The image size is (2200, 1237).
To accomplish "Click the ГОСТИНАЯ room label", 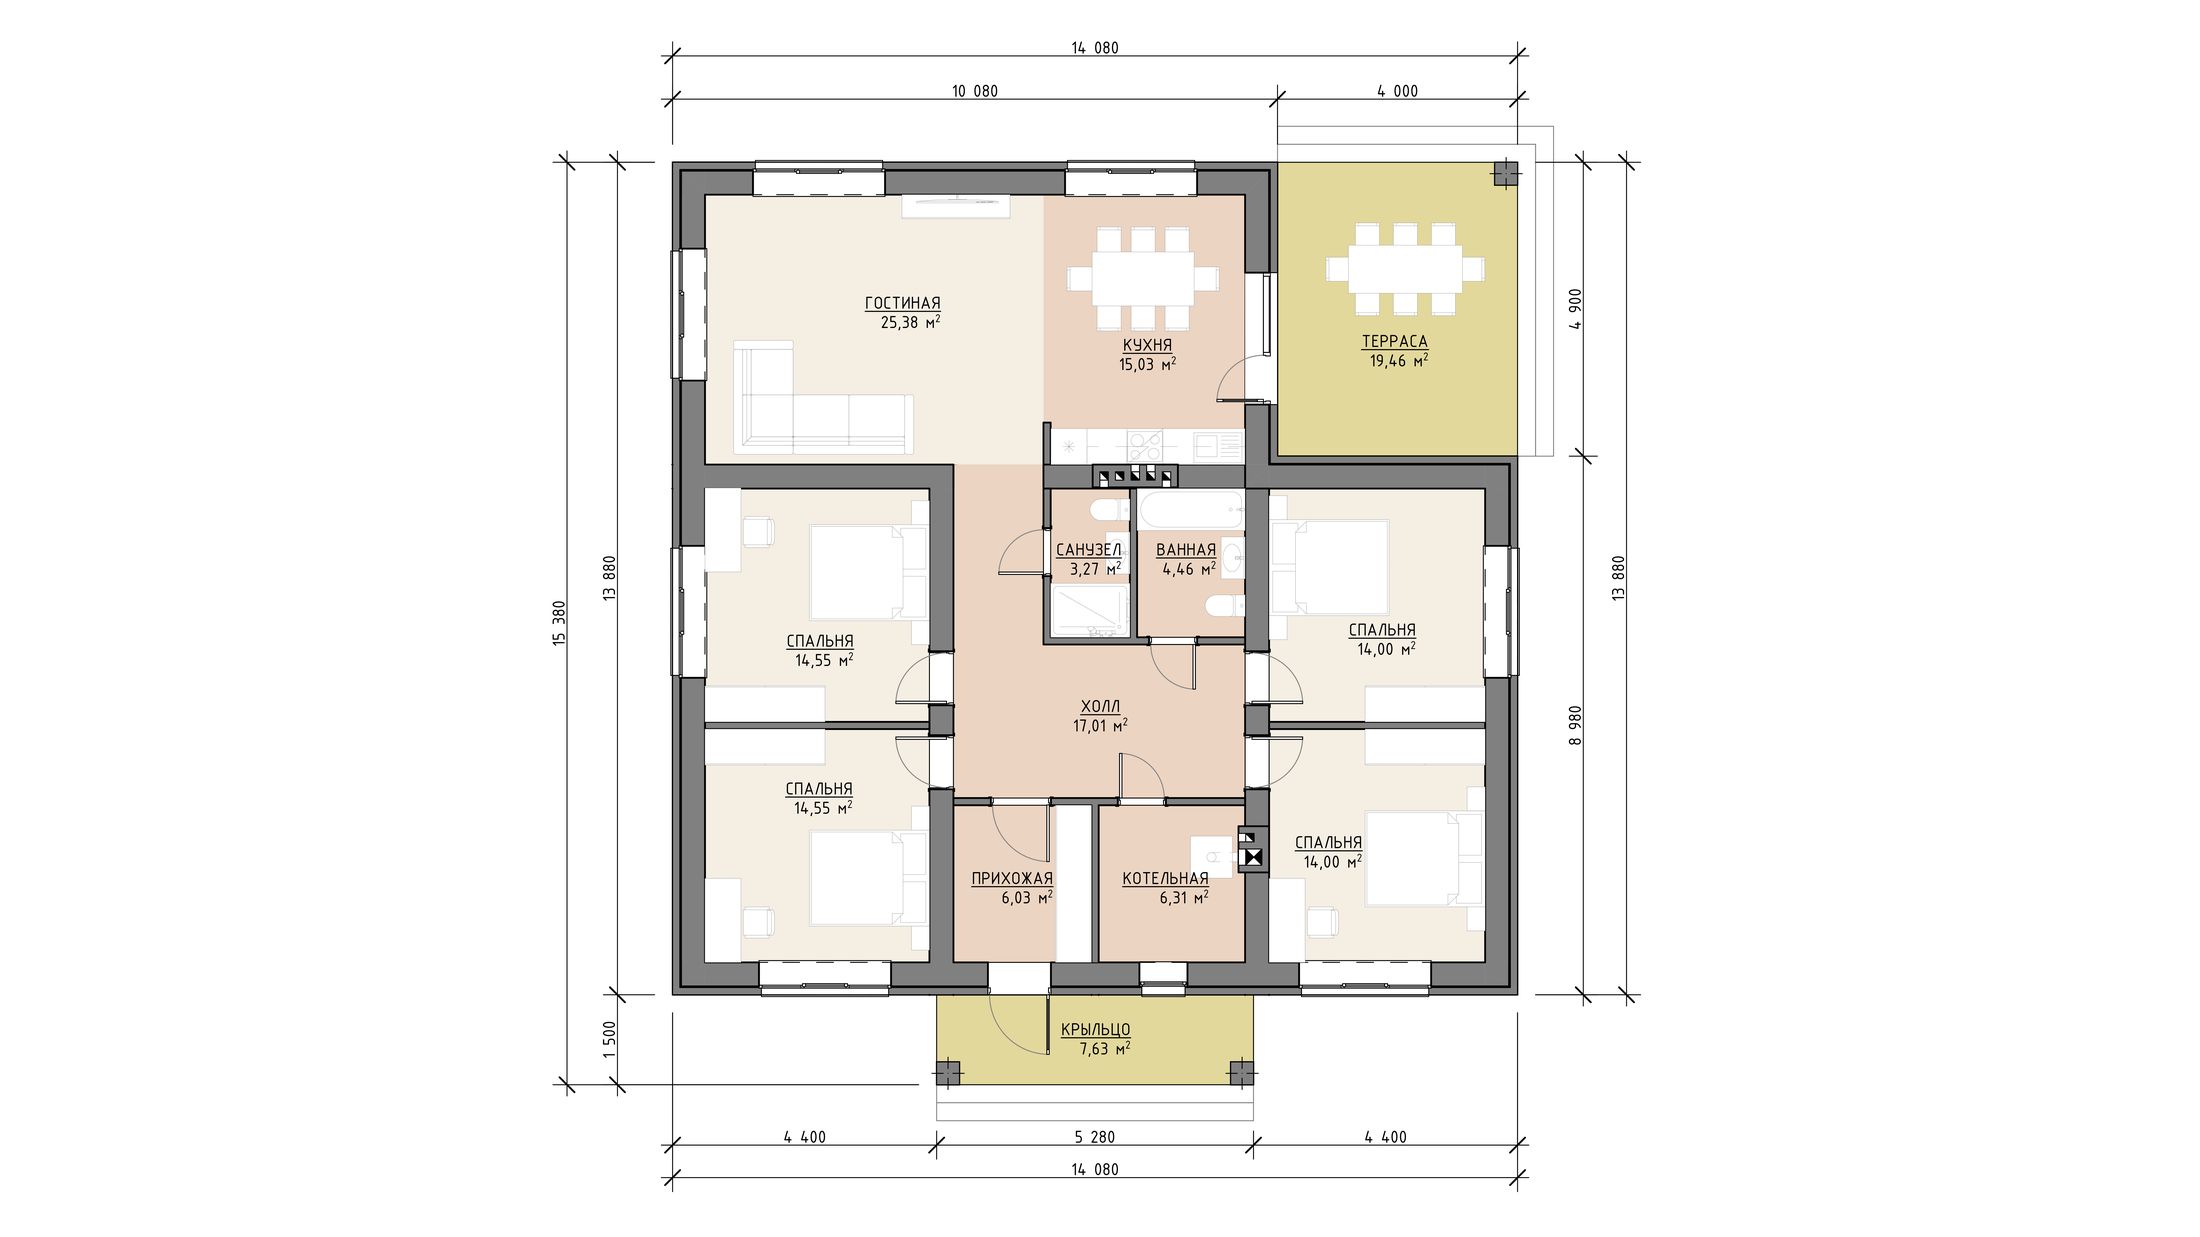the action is pos(902,303).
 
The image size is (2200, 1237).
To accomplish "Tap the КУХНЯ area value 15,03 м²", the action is pos(1147,364).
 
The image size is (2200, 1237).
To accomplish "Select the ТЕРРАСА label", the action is pos(1394,342).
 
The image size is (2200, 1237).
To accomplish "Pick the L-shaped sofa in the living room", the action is pos(822,397).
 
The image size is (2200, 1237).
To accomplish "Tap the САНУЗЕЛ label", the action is pos(1088,550).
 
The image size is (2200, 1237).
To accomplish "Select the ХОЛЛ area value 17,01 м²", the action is pos(1100,726).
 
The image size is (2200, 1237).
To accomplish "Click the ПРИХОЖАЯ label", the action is pos(1012,879).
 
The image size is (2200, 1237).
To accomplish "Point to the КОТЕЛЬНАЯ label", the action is pos(1165,879).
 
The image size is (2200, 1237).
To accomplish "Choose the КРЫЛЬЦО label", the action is pos(1095,1030).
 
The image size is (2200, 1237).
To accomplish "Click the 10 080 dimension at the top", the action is pos(974,91).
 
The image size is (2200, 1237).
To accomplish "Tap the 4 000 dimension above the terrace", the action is pos(1397,91).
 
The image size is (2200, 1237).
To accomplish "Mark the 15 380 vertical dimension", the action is pos(559,623).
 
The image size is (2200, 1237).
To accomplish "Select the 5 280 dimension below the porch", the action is pos(1094,1137).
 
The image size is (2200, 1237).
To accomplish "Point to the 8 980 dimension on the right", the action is pos(1576,726).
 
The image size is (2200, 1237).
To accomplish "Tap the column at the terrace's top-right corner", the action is pos(1505,174).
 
